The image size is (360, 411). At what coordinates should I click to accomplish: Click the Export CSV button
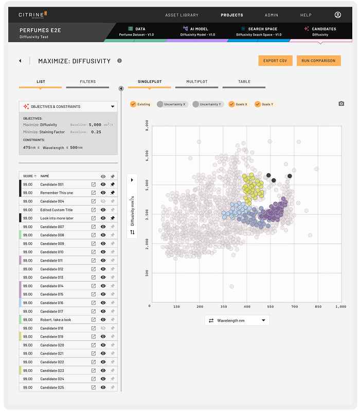(275, 61)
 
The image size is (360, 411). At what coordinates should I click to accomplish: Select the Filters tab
(87, 82)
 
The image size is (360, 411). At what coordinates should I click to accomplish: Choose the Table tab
(244, 82)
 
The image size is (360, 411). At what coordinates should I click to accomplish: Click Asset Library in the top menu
(182, 15)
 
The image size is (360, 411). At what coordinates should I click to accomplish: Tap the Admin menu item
(272, 15)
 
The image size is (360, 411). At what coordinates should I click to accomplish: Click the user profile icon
(337, 15)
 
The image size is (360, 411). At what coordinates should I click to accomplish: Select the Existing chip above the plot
(140, 104)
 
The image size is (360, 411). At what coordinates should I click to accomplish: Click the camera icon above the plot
(341, 104)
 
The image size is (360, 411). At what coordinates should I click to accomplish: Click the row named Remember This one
(57, 193)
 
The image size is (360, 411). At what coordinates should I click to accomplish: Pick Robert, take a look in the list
(56, 320)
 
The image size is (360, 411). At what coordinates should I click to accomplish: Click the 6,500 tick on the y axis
(148, 154)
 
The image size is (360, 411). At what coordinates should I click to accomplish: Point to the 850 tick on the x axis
(318, 306)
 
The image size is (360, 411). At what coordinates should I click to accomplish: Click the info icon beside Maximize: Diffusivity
(119, 61)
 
